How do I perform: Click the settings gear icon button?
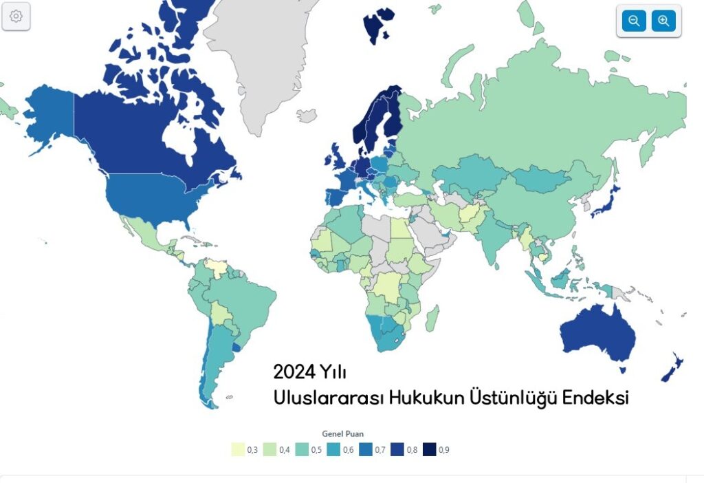pyautogui.click(x=16, y=17)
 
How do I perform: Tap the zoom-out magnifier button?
pyautogui.click(x=634, y=21)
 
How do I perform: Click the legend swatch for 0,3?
pyautogui.click(x=237, y=450)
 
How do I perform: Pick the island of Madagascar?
pyautogui.click(x=432, y=318)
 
